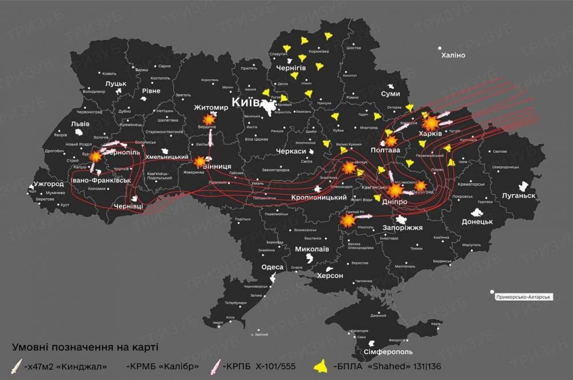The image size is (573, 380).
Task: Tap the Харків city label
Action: point(430,133)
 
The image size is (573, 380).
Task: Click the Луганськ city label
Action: point(519,195)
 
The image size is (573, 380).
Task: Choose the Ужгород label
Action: point(48,184)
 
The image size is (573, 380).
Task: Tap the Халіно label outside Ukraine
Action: point(453,55)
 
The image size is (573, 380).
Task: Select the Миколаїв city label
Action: point(312,249)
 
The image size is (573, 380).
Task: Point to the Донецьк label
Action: point(477,221)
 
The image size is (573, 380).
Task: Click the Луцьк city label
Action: point(116,84)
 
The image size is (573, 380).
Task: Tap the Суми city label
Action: point(391,93)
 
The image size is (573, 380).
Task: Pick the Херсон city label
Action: point(330,276)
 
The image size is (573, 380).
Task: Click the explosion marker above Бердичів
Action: point(209,118)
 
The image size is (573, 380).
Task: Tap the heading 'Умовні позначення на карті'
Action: point(84,346)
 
